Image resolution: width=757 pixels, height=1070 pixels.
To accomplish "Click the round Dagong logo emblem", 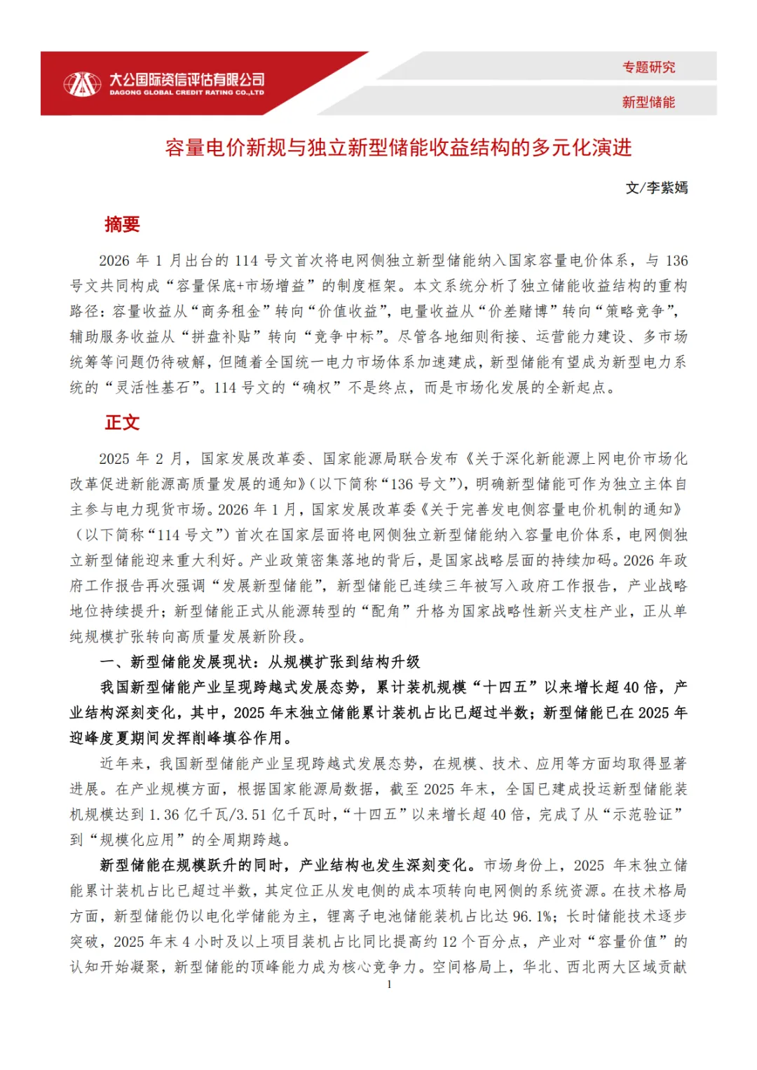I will (x=82, y=84).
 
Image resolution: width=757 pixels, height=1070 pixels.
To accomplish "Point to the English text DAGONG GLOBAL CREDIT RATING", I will (x=186, y=92).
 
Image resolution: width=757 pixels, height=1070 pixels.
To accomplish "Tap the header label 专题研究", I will (x=648, y=67).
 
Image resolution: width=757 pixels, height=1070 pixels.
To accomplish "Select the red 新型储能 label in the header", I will (x=648, y=102).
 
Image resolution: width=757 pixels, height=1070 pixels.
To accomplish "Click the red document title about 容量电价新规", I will (x=398, y=148).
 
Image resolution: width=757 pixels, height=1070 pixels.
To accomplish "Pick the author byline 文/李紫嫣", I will (x=656, y=188).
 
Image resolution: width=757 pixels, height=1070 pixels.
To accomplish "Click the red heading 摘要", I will (x=122, y=224).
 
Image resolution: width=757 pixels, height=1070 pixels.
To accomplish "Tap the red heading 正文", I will (x=122, y=423).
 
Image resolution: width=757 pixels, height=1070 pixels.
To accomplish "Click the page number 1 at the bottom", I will (x=389, y=985).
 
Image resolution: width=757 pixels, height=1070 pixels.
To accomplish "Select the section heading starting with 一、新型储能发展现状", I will (x=260, y=661).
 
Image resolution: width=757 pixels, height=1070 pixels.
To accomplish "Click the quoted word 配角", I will (x=385, y=611).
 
